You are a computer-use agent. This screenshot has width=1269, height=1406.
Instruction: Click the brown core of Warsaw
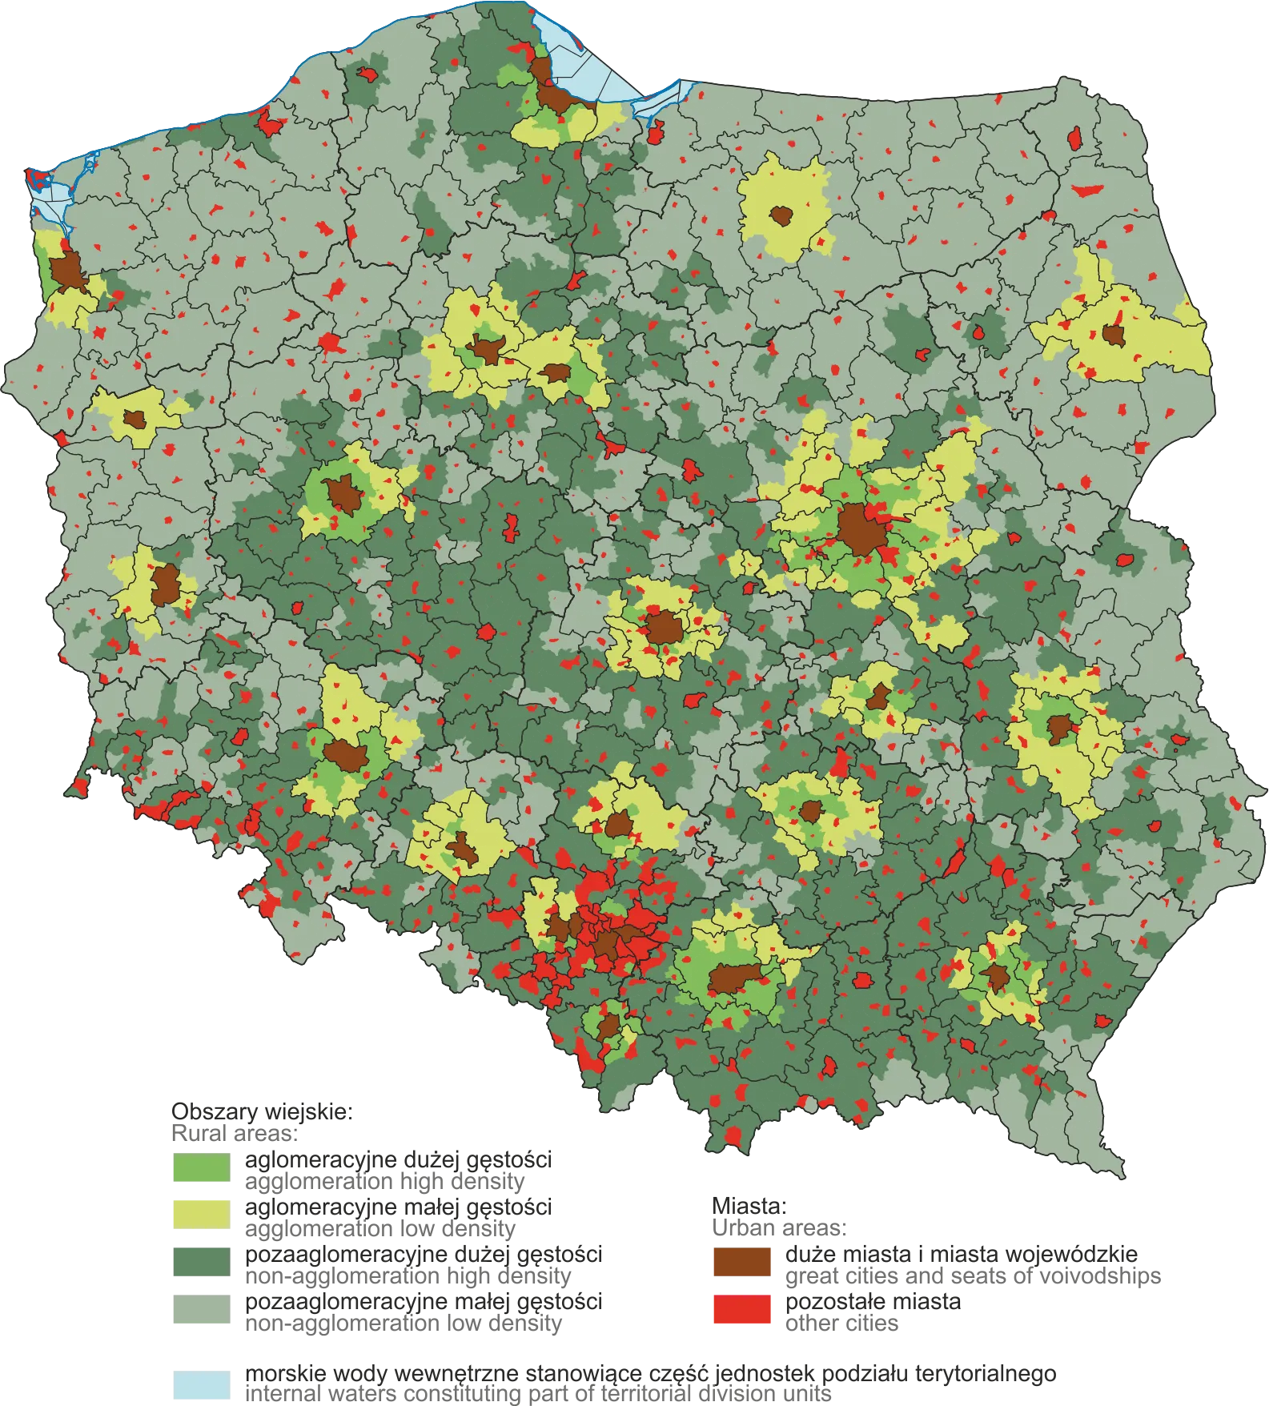point(857,529)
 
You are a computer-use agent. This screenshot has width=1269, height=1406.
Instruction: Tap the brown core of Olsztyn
point(781,215)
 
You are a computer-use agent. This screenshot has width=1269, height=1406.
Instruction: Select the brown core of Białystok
point(1112,334)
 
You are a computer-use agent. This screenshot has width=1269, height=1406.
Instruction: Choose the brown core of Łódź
point(663,627)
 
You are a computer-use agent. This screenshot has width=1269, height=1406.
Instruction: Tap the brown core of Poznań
point(344,494)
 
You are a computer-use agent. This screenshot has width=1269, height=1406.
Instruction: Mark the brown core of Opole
point(461,848)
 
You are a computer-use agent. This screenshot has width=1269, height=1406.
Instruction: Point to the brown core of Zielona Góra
point(166,585)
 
